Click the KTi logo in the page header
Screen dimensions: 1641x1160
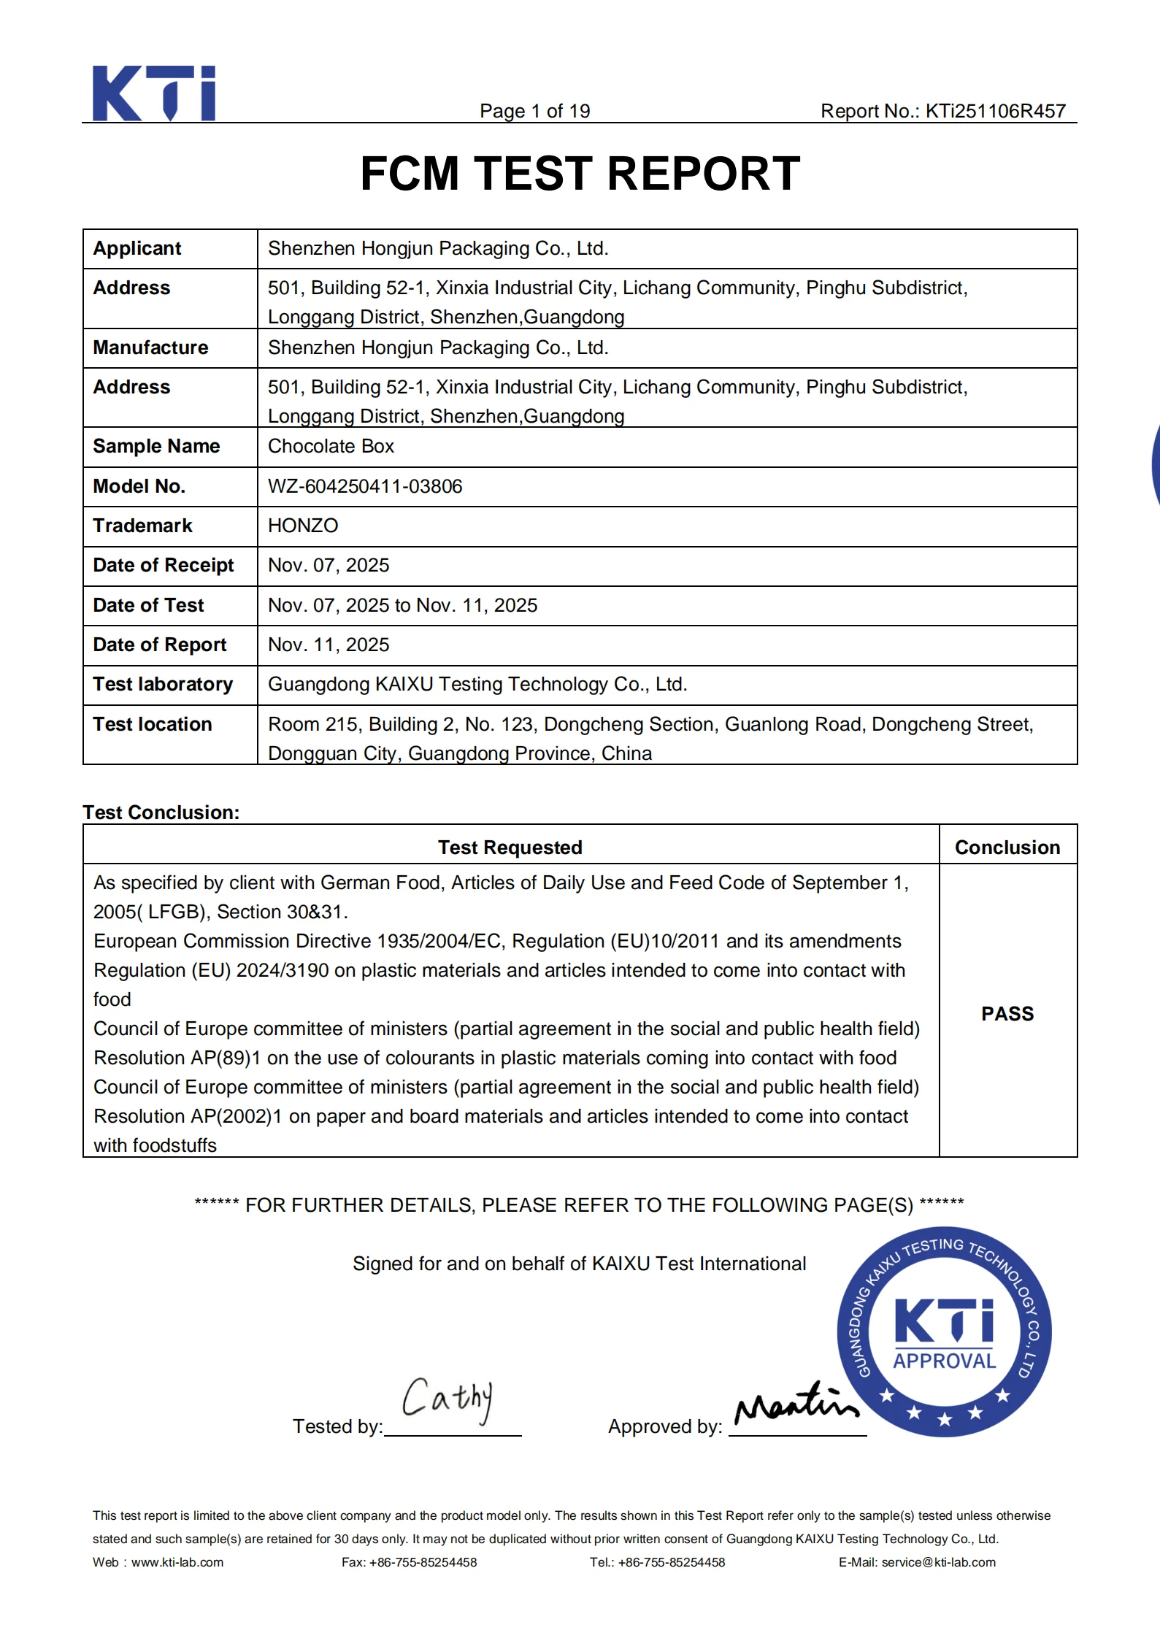click(154, 93)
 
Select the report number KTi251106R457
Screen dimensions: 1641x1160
click(995, 111)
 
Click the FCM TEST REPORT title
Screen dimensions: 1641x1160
click(580, 174)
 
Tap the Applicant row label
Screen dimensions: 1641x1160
click(137, 248)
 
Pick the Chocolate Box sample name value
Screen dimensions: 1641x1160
click(331, 446)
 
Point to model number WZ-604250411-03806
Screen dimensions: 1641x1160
click(365, 486)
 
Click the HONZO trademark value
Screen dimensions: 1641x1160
click(303, 526)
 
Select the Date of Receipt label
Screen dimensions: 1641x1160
click(164, 565)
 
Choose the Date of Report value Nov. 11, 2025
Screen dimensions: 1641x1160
click(329, 645)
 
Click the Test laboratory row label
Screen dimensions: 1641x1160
click(163, 684)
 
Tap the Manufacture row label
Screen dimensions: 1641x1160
click(150, 347)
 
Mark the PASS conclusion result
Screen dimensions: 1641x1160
click(1007, 1013)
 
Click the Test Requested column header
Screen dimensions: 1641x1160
click(510, 847)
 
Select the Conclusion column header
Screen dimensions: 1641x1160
click(1007, 847)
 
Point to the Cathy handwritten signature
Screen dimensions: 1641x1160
click(447, 1399)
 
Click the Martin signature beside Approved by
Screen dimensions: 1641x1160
click(796, 1403)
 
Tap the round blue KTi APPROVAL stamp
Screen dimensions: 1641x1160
click(945, 1333)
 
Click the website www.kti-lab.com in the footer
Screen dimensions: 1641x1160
click(177, 1562)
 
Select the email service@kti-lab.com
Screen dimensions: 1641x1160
click(938, 1562)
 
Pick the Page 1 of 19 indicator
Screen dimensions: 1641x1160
click(534, 111)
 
